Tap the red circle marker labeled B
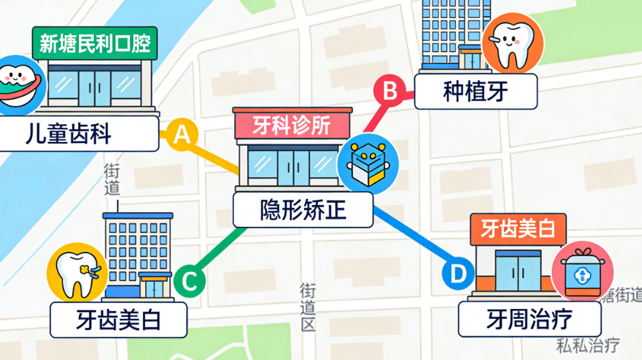pos(390,90)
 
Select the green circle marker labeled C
pos(189,281)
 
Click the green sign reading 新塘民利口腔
pos(95,44)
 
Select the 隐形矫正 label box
pos(303,210)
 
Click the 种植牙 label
pos(475,91)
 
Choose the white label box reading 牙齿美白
pos(119,320)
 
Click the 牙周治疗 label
pos(529,320)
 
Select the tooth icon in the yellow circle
pos(77,273)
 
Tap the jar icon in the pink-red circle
pos(582,271)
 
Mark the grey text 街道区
pos(307,308)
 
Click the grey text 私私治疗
pos(587,345)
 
